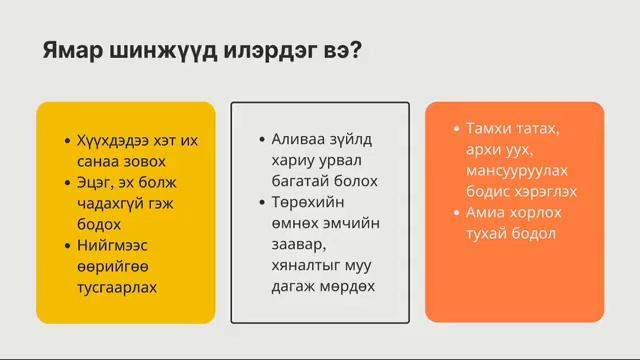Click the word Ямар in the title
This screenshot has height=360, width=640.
point(69,51)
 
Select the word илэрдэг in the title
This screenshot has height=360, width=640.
point(263,51)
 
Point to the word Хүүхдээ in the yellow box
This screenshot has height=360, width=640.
point(108,140)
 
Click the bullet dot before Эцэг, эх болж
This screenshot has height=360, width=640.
point(66,183)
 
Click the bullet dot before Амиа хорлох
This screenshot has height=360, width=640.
point(456,213)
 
